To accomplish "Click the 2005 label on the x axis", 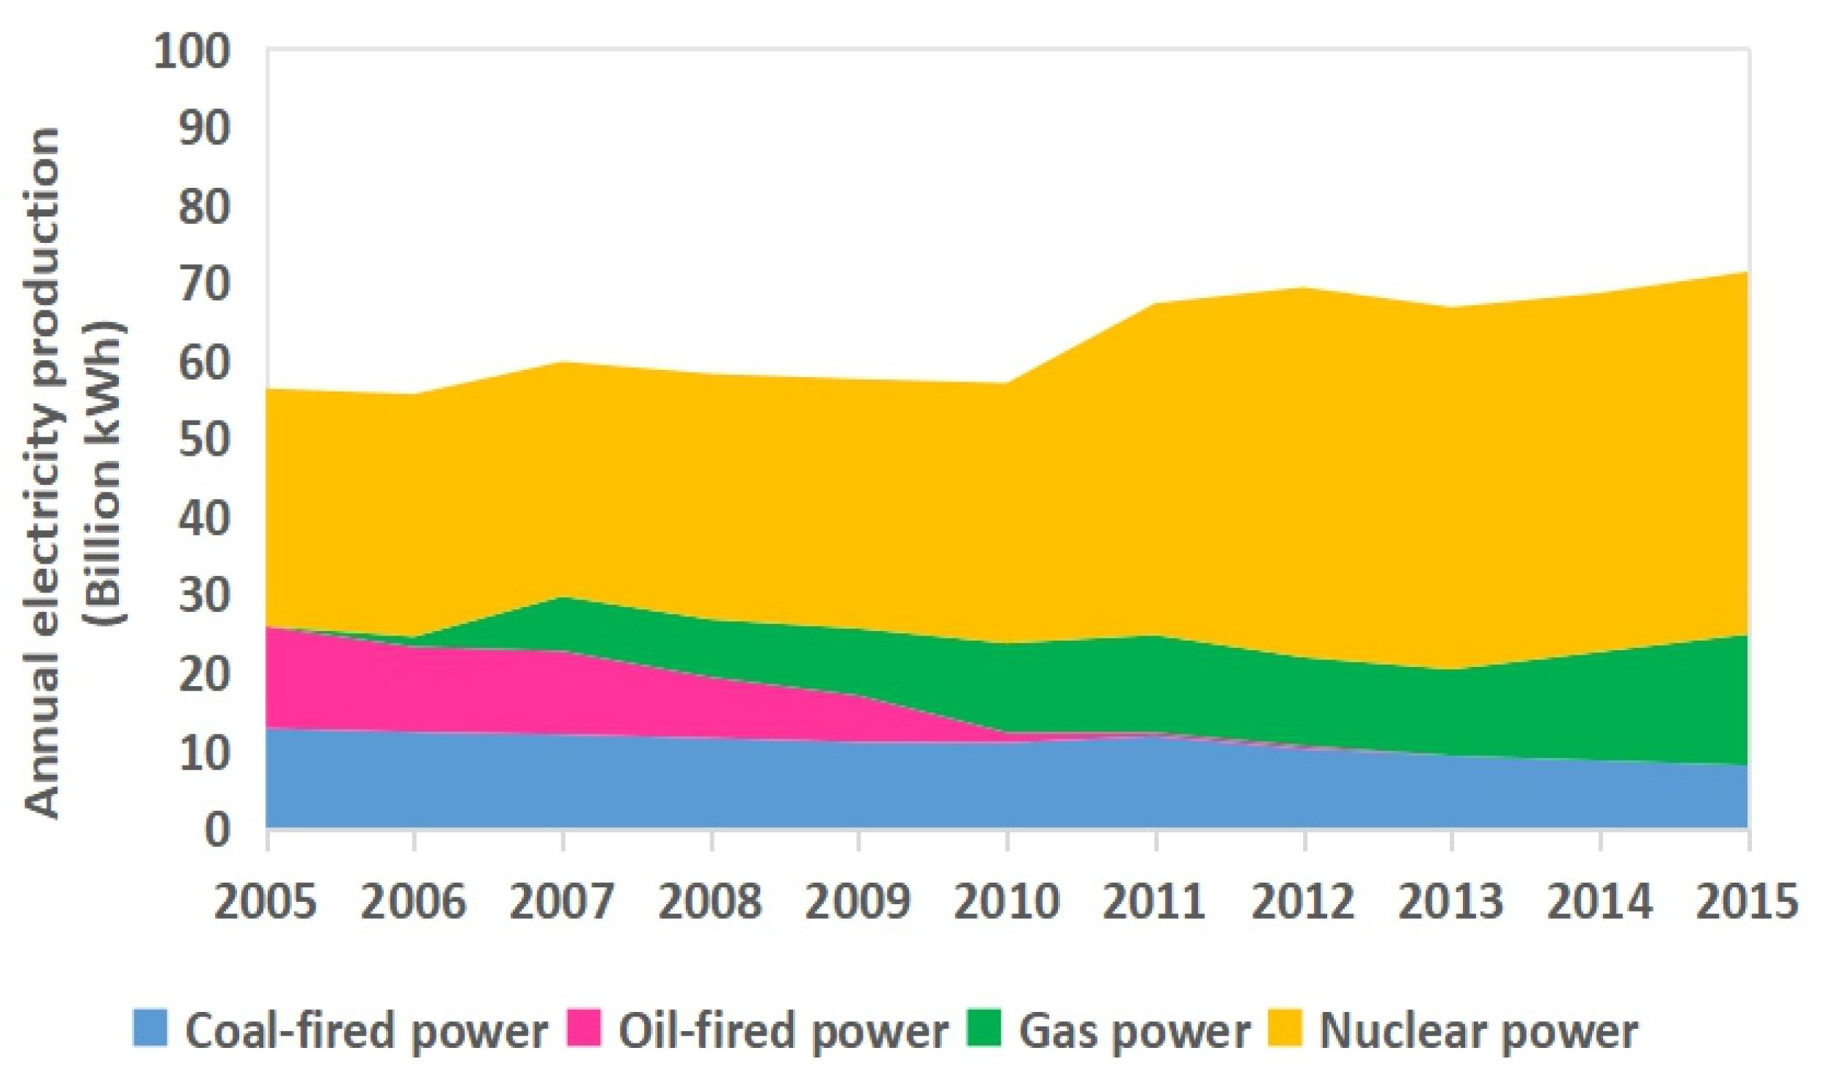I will click(x=265, y=901).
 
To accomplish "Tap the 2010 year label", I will click(x=1006, y=901).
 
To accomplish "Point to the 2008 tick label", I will click(x=709, y=901).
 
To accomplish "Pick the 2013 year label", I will click(x=1450, y=901).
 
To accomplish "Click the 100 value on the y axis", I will click(x=191, y=53).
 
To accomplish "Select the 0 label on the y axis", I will click(x=216, y=831).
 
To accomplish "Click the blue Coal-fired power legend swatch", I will click(x=150, y=1028).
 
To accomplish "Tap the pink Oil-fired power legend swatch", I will click(x=584, y=1028).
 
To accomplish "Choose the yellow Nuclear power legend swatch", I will click(x=1285, y=1028).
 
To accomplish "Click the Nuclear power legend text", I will click(x=1478, y=1031).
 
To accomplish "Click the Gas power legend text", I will click(x=1134, y=1031).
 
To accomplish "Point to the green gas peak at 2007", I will click(x=563, y=598).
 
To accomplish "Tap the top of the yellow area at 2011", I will click(x=1156, y=303).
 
